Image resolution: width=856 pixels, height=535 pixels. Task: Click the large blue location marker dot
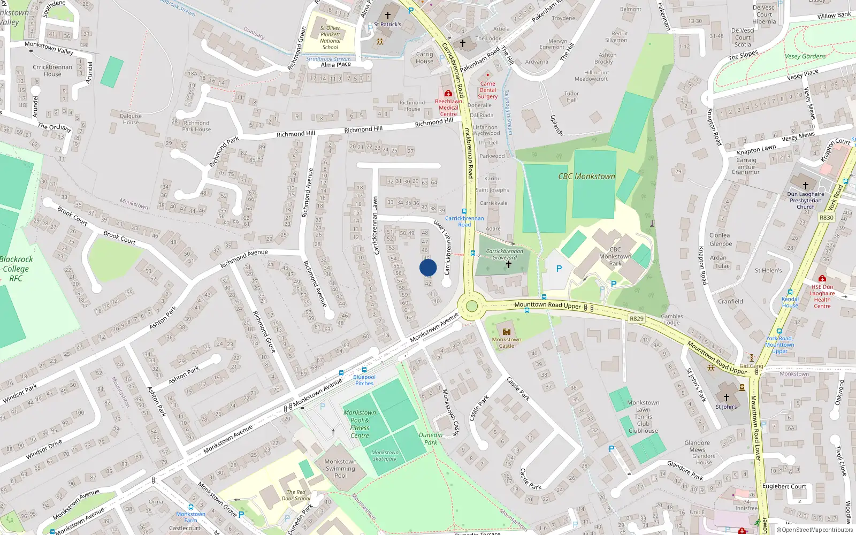[428, 267]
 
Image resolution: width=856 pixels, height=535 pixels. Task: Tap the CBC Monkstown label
[586, 176]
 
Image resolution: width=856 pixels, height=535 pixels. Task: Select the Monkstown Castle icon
[506, 331]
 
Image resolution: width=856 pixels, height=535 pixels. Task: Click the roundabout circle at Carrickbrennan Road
[471, 306]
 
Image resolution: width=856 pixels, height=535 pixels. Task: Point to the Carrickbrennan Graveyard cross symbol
[508, 264]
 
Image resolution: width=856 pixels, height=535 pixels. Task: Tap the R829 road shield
[636, 319]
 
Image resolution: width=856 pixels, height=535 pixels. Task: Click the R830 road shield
[826, 218]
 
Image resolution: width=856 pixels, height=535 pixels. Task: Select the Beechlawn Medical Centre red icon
[448, 93]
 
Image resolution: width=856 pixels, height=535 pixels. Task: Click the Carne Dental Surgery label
[487, 90]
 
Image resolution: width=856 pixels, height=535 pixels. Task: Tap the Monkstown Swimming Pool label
[340, 468]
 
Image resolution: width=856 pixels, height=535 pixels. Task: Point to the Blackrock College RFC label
[16, 269]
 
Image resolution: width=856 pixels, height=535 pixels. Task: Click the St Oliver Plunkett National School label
[330, 37]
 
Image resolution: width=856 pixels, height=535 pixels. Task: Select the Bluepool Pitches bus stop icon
[364, 370]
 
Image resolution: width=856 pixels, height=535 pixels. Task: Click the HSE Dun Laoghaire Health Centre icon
[822, 279]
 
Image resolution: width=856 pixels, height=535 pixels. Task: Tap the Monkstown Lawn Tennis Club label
[643, 416]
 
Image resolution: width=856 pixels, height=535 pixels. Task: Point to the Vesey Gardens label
[805, 56]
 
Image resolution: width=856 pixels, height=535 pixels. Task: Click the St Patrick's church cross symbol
[388, 16]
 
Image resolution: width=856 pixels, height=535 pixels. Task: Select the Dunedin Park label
[431, 439]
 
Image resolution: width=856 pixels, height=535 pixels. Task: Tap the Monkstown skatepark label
[385, 455]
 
